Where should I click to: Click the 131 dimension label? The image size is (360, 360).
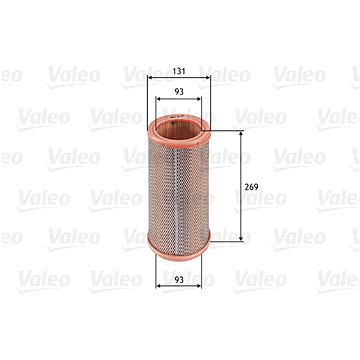point(179,71)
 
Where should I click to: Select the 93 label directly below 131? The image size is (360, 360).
point(179,92)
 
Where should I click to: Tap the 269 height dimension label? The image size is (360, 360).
point(251,187)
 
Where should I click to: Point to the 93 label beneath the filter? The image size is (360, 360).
point(179,280)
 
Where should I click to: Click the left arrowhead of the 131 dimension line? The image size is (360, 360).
point(150,78)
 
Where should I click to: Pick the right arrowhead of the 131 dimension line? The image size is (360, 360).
point(208,78)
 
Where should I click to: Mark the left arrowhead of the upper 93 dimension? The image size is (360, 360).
point(158,99)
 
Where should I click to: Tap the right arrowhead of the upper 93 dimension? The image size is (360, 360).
point(199,99)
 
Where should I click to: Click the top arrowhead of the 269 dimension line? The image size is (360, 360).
point(241,133)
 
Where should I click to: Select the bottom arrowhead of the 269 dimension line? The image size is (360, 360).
point(241,238)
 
